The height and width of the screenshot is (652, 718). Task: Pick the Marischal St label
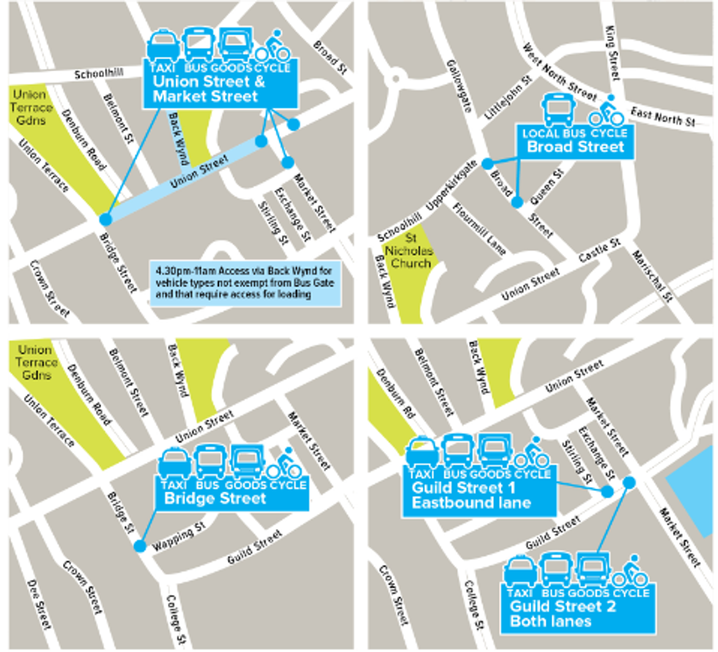pos(655,275)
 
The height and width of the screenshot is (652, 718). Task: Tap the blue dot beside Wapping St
pos(140,546)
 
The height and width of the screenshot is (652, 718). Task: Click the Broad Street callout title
pos(576,147)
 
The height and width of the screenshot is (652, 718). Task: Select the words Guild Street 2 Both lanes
pos(563,614)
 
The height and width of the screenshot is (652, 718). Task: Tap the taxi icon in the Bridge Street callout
pos(174,464)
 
